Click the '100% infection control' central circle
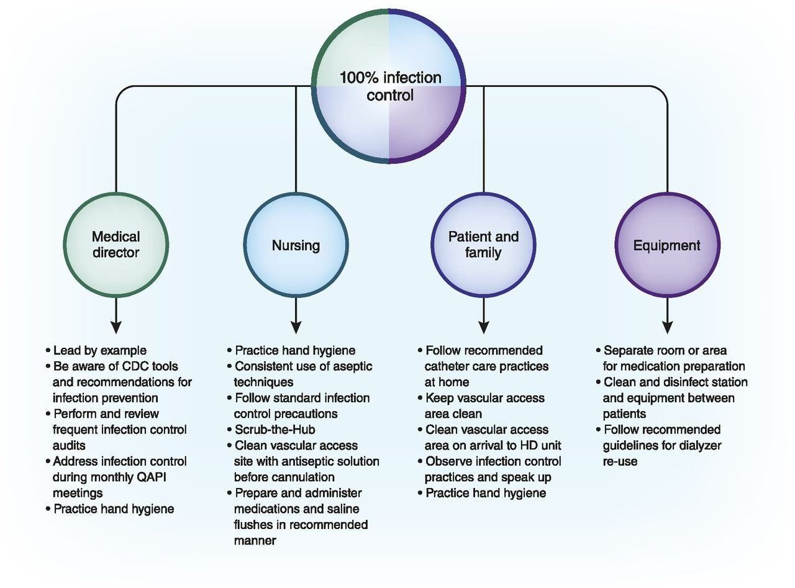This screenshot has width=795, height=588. pos(389,86)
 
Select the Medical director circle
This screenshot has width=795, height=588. pos(116,244)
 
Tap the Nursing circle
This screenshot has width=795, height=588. pos(296,245)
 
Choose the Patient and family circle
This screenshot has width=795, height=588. pos(483,245)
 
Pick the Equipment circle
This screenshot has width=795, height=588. pos(667,245)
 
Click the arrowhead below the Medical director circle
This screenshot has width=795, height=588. pos(116,327)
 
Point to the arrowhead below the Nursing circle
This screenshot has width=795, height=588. pos(296,327)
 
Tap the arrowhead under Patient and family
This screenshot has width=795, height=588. pos(484,327)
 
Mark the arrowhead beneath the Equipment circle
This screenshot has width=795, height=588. pos(668,327)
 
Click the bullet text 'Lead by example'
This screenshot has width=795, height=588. pos(99,351)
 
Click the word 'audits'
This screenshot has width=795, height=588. pos(68,446)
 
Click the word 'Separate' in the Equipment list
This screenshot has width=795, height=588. pos(627,351)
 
